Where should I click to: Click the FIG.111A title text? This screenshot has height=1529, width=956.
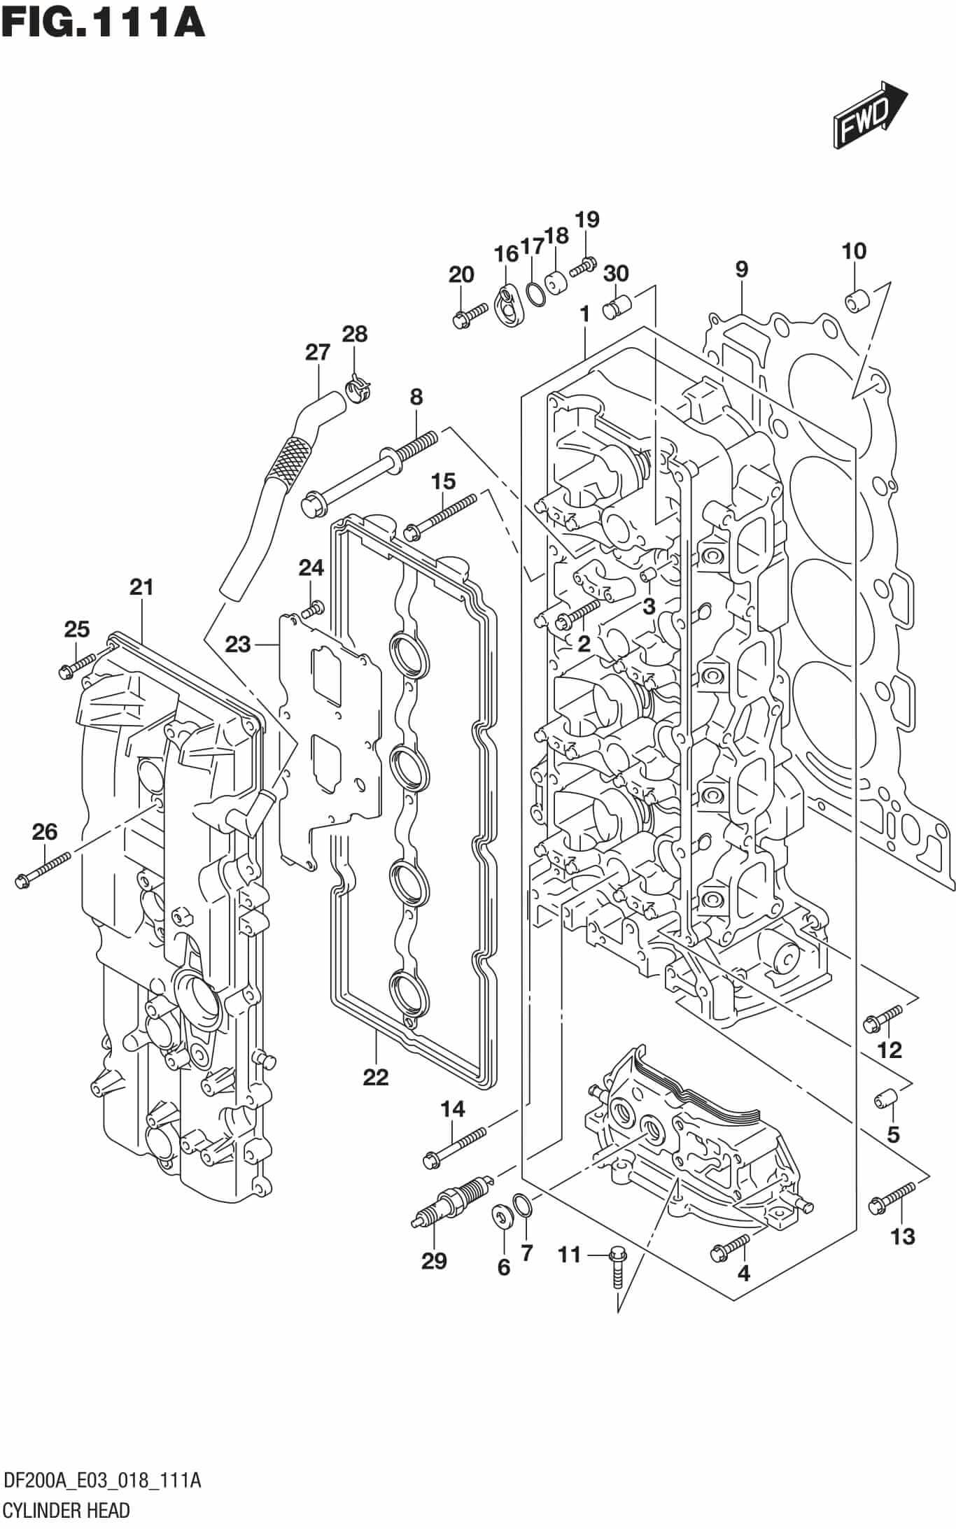point(103,21)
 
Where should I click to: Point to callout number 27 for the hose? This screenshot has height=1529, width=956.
point(317,352)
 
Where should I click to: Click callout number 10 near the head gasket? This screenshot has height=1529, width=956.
point(854,251)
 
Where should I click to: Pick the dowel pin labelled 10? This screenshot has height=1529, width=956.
point(856,302)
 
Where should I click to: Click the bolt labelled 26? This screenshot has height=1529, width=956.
point(42,869)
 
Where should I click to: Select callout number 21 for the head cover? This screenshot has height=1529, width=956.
point(141,587)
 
